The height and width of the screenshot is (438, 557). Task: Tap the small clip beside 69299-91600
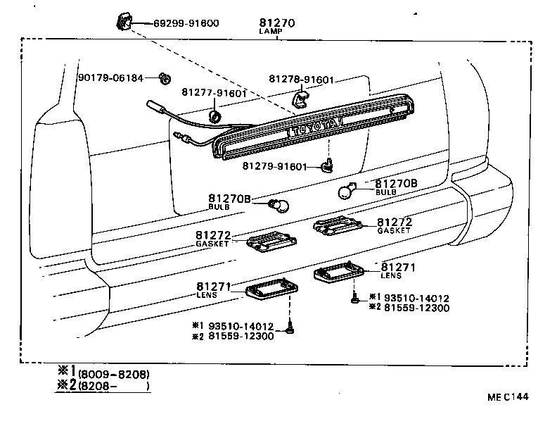pos(124,22)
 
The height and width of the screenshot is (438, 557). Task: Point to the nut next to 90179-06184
pos(165,78)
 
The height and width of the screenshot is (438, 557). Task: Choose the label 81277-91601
pos(213,93)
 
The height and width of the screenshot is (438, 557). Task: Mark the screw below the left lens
pos(289,327)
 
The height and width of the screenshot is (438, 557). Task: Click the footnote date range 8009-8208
pos(114,373)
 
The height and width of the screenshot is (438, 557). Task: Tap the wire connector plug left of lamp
pos(155,107)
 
